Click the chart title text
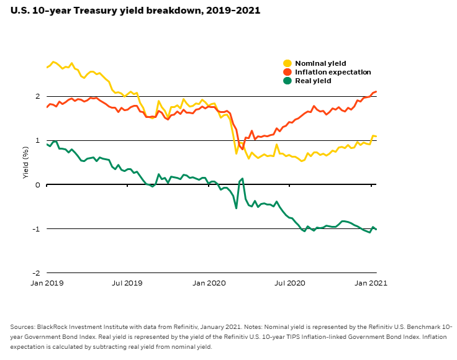pos(135,11)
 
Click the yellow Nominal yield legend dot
pos(287,63)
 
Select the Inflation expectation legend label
pos(333,72)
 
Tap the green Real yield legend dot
pos(287,81)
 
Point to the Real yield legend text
pos(313,81)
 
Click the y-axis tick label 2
pos(38,97)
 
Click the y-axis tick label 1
pos(38,141)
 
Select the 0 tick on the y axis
pos(38,185)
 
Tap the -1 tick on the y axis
pos(37,229)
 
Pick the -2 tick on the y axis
pos(37,273)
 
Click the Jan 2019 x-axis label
pos(47,283)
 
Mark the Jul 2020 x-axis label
pos(290,283)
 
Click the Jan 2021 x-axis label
pos(372,283)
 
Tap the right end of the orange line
pos(376,92)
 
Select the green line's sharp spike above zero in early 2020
pos(242,179)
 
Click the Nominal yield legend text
pos(320,63)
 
